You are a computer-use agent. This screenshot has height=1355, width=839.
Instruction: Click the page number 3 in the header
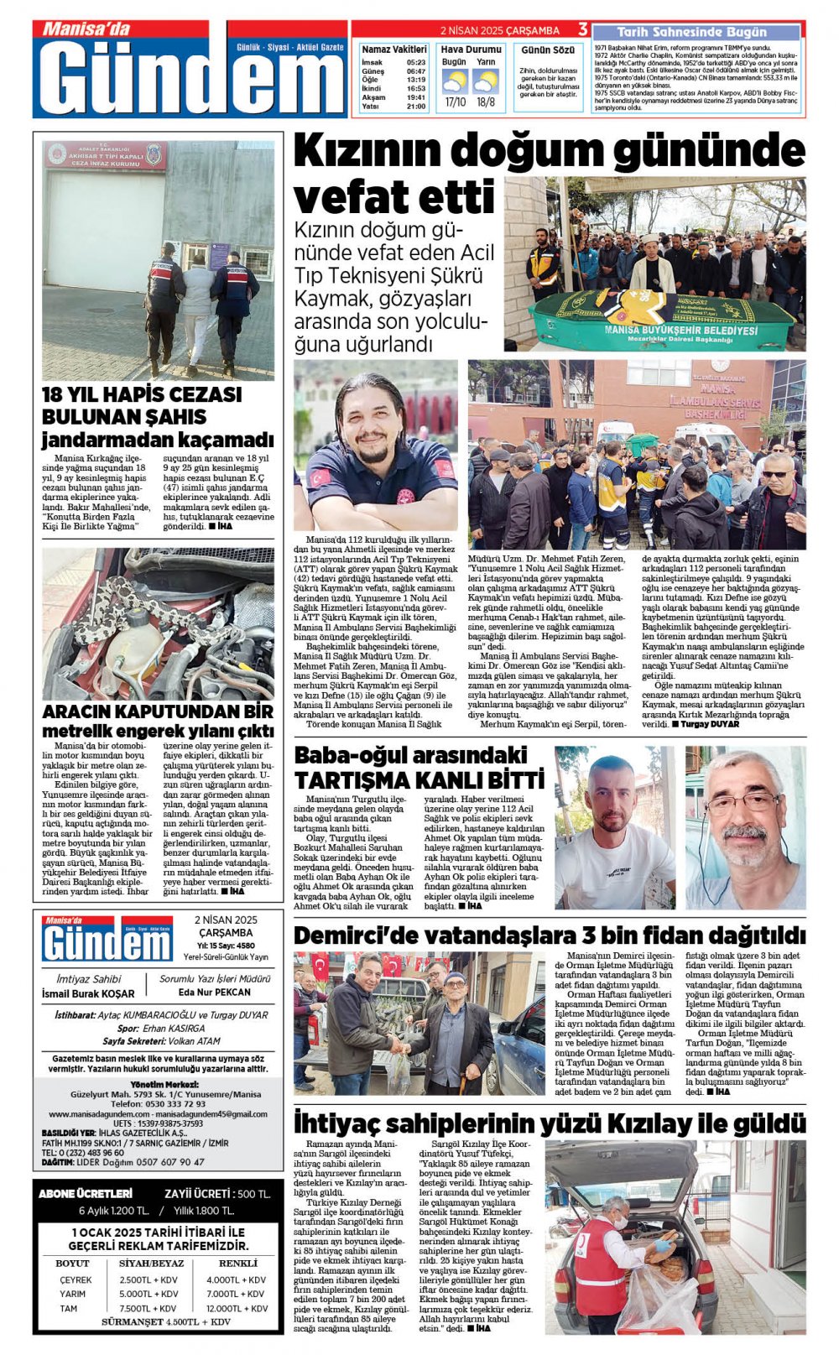pos(583,29)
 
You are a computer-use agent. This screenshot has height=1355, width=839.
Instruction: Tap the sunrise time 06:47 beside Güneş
pos(416,71)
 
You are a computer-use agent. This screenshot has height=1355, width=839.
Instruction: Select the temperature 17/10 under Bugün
pos(455,102)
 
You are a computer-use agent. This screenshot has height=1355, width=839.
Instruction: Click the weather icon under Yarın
pos(486,81)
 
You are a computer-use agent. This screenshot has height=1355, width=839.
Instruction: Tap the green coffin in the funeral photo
pos(663,319)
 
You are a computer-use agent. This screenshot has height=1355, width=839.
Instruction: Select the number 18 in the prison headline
pos(56,394)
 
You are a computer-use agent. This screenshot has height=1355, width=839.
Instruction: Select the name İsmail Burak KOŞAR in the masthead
pos(88,993)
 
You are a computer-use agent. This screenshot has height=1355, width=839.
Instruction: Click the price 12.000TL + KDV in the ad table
pos(236,1308)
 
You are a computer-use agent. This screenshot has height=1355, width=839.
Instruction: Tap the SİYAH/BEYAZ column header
pos(152,1263)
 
